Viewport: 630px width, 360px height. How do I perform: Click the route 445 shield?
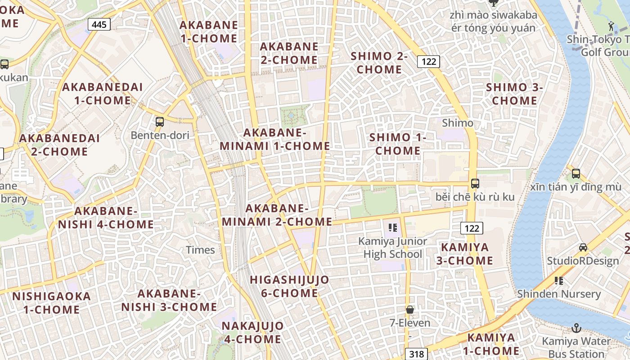(x=99, y=24)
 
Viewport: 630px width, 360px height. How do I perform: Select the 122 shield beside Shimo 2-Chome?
(x=428, y=61)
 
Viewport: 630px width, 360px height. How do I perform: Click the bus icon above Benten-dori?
(x=159, y=121)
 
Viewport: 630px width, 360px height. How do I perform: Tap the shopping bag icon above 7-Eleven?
(x=410, y=310)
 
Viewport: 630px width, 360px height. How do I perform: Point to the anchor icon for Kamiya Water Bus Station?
(x=576, y=328)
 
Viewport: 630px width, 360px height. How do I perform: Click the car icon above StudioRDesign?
(x=583, y=247)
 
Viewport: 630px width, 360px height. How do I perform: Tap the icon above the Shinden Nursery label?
(x=559, y=281)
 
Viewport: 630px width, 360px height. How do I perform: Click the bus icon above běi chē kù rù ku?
(x=475, y=183)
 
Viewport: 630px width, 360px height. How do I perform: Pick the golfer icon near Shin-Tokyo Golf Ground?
(x=611, y=26)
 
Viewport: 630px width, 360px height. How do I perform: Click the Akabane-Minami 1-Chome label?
(x=275, y=139)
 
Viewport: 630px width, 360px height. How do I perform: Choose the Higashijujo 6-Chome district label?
(x=290, y=287)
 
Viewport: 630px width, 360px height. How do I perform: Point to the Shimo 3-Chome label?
(x=515, y=94)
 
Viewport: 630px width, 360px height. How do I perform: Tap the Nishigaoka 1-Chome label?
(x=51, y=303)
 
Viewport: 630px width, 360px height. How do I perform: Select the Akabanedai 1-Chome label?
(x=103, y=94)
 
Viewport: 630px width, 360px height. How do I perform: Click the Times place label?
(x=200, y=250)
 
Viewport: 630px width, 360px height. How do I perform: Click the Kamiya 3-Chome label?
(x=467, y=254)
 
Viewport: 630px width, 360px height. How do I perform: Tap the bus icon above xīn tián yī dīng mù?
(x=576, y=173)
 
